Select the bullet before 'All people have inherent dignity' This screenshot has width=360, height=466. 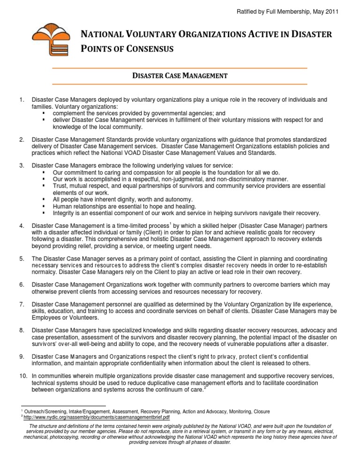point(43,199)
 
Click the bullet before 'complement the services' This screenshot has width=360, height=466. point(43,113)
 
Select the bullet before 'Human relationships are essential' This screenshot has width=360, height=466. point(43,206)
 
